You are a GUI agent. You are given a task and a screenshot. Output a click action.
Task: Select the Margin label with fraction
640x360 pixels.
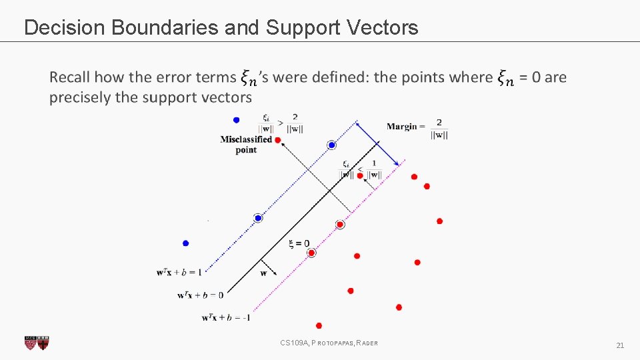[x=417, y=127]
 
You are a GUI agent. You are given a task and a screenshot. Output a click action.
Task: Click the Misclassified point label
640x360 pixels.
[x=246, y=144]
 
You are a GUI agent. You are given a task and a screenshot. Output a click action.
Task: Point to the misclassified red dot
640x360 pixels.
[x=277, y=139]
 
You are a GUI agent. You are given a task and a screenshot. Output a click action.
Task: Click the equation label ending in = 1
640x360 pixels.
[x=179, y=271]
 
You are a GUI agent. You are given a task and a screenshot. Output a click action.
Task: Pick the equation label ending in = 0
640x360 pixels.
[x=201, y=294]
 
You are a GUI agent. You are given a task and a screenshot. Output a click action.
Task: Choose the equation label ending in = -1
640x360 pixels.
[x=226, y=317]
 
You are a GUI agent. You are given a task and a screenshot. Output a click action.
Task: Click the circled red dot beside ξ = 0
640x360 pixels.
[x=311, y=253]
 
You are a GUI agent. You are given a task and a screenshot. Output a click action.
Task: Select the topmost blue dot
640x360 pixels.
[x=236, y=120]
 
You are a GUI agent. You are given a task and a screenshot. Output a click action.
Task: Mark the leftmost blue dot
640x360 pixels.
[x=186, y=243]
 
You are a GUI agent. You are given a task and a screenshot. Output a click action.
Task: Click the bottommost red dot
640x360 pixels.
[x=319, y=325]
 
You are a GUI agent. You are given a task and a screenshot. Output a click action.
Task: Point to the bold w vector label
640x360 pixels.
[x=263, y=273]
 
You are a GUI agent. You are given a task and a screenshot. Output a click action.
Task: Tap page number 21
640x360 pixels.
[x=620, y=345]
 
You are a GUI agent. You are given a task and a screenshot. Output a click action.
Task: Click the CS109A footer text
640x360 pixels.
[x=329, y=343]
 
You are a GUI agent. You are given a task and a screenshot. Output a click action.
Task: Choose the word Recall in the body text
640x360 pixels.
[x=69, y=77]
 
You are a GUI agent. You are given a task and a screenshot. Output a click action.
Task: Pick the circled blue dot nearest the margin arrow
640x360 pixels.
[x=332, y=145]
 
